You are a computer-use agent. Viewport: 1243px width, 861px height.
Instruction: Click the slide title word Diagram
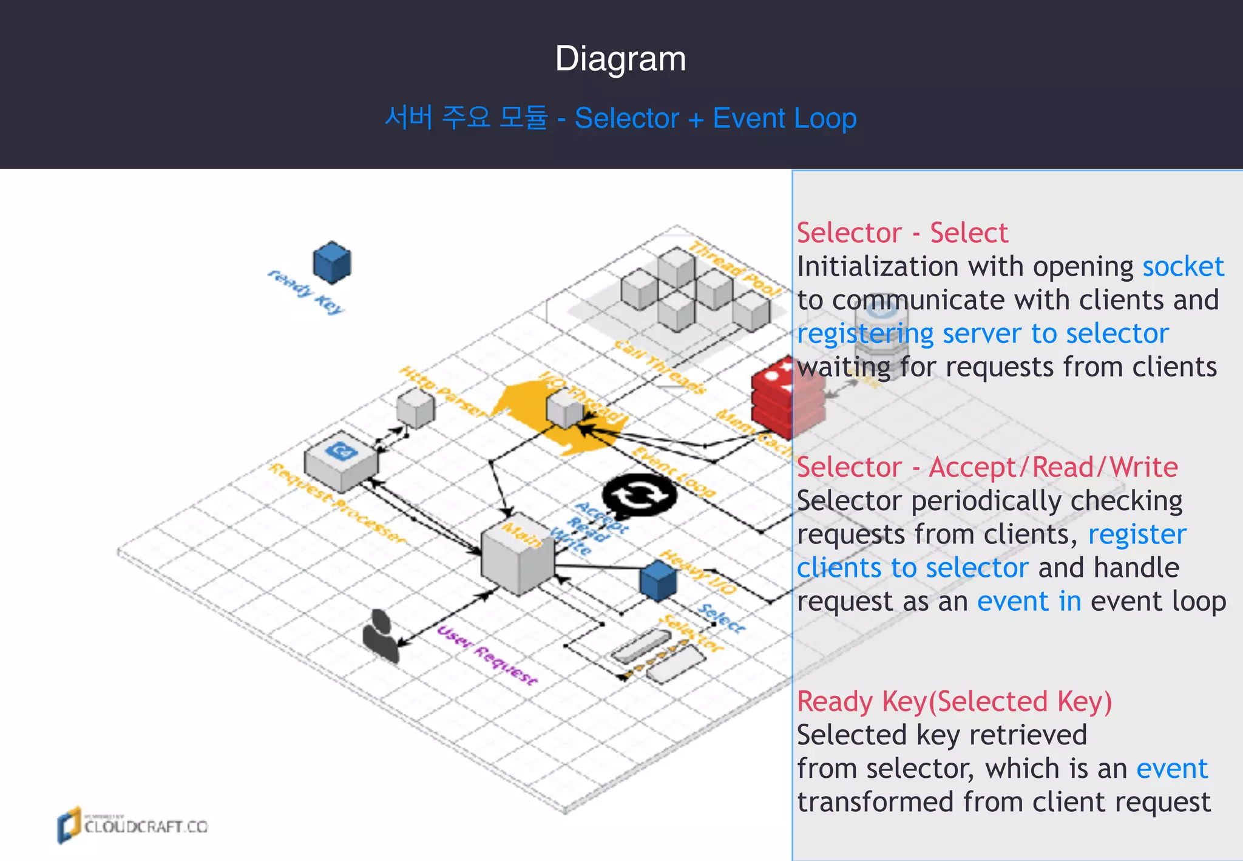(620, 59)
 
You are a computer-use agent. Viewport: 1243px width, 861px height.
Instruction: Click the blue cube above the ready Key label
(332, 263)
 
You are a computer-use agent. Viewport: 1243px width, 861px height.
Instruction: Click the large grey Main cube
(517, 559)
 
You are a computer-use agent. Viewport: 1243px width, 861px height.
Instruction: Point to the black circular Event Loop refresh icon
(639, 495)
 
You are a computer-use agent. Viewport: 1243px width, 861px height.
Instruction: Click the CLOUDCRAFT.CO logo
(133, 826)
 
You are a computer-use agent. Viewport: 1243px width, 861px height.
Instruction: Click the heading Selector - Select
(902, 233)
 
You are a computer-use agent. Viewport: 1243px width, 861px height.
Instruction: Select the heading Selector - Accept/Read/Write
(987, 468)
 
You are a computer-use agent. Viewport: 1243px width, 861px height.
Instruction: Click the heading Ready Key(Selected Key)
(954, 702)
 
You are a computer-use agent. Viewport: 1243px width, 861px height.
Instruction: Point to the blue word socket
(1182, 267)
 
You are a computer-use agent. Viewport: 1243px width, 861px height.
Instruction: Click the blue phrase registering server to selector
(982, 334)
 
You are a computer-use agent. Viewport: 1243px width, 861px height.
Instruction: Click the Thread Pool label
(734, 269)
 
